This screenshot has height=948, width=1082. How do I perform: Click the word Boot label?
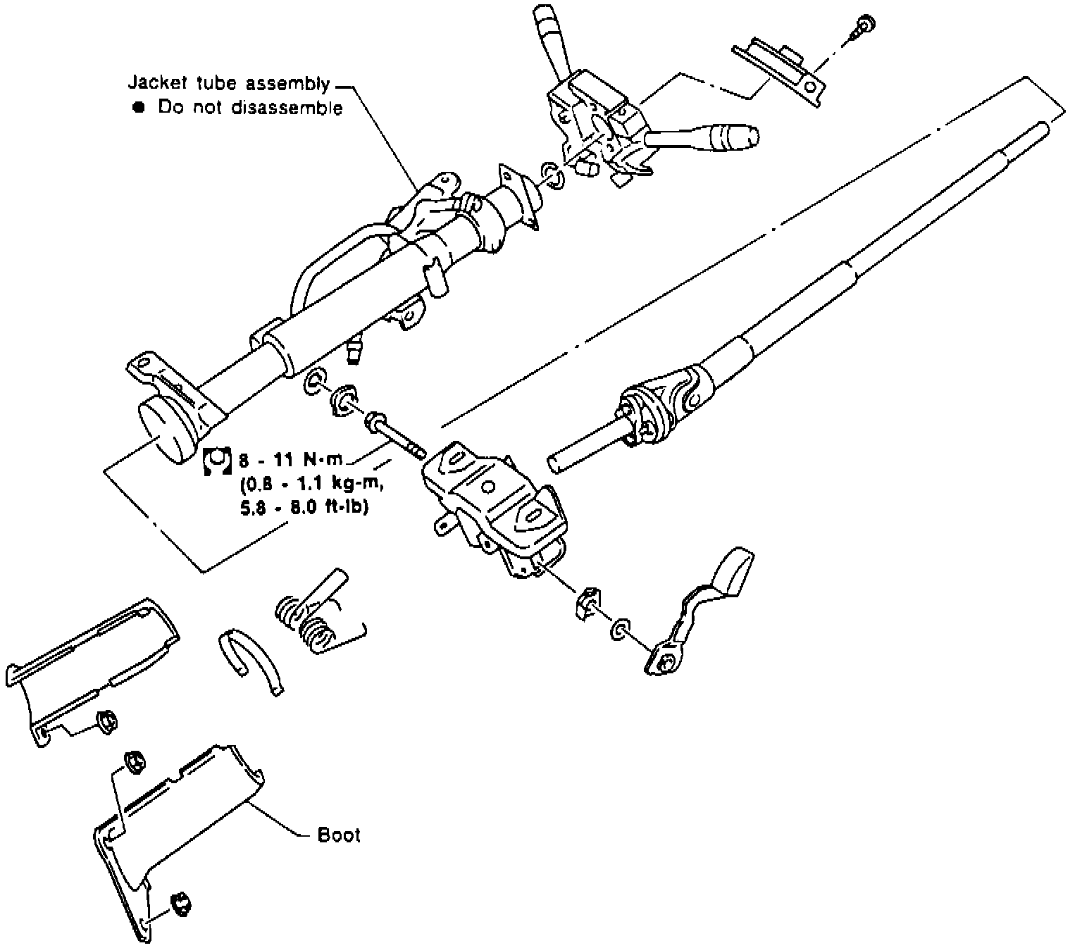point(339,835)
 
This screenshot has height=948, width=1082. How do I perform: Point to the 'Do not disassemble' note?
point(250,108)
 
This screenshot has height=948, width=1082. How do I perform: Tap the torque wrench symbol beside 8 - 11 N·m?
point(217,461)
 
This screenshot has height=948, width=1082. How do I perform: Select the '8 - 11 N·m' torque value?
point(290,461)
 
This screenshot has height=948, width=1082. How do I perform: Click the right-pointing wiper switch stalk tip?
point(733,135)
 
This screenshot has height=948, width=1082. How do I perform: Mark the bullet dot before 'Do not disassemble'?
point(138,108)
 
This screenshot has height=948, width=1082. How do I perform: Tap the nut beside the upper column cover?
point(106,722)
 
